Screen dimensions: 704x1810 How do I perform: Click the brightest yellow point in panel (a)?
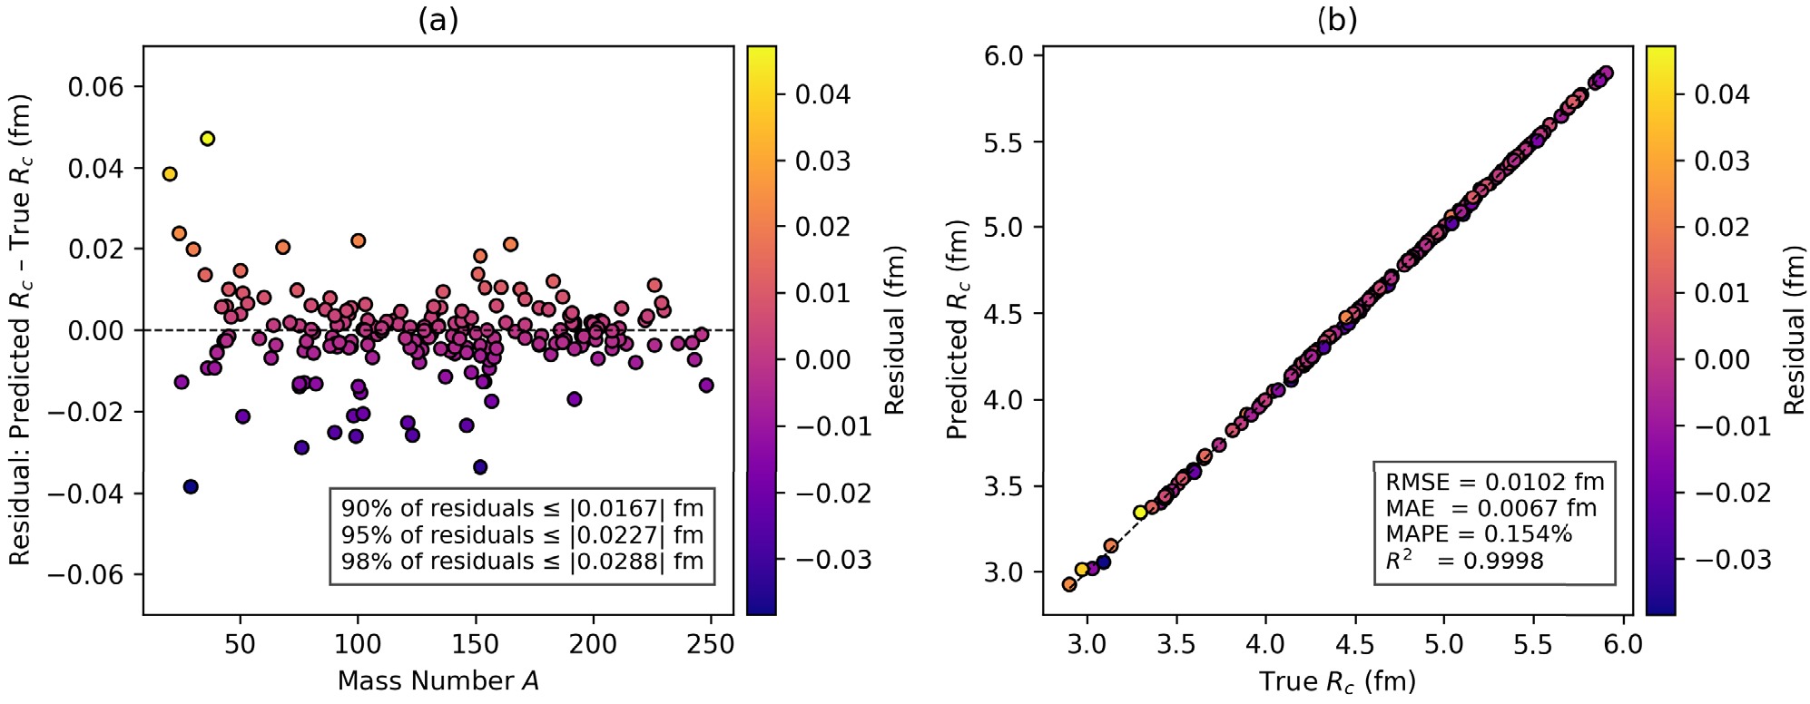click(207, 139)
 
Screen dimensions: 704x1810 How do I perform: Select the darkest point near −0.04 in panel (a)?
click(191, 487)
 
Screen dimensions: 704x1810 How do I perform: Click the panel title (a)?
click(438, 20)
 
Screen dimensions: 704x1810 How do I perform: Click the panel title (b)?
click(1337, 20)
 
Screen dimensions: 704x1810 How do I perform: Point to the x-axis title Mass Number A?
click(438, 681)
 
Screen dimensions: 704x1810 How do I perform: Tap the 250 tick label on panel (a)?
click(711, 645)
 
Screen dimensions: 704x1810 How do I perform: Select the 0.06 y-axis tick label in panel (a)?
click(95, 87)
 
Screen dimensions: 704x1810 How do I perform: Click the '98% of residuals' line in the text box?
click(522, 562)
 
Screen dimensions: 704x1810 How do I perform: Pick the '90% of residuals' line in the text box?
click(522, 508)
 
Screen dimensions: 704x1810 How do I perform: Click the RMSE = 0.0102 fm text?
click(1494, 482)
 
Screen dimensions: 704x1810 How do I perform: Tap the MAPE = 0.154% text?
click(1479, 534)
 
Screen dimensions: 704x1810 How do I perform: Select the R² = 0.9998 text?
click(1464, 561)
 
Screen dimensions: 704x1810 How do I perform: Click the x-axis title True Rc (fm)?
click(1337, 681)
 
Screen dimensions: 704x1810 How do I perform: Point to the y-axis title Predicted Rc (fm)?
click(958, 330)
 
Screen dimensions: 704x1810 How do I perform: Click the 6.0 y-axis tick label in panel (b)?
click(1003, 56)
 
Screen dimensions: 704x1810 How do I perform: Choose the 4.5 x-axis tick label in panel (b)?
click(1354, 645)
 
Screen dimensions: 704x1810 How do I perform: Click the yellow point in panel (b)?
click(1140, 513)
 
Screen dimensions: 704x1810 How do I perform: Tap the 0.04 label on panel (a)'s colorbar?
click(822, 94)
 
